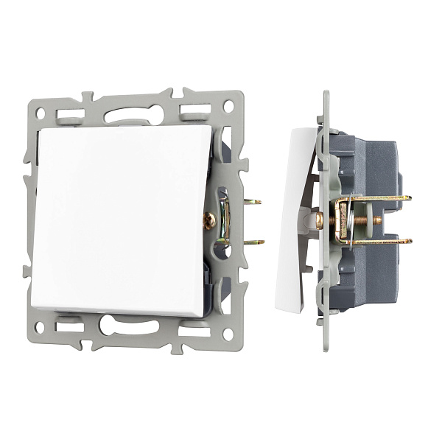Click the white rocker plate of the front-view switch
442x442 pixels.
tap(118, 217)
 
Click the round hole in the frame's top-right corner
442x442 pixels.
tap(228, 106)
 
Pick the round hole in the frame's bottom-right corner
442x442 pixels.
tap(228, 334)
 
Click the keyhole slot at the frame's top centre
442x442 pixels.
tap(133, 115)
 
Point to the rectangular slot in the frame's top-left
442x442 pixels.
tap(70, 115)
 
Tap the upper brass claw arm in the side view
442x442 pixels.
tap(376, 198)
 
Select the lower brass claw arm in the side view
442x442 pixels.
tap(376, 241)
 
